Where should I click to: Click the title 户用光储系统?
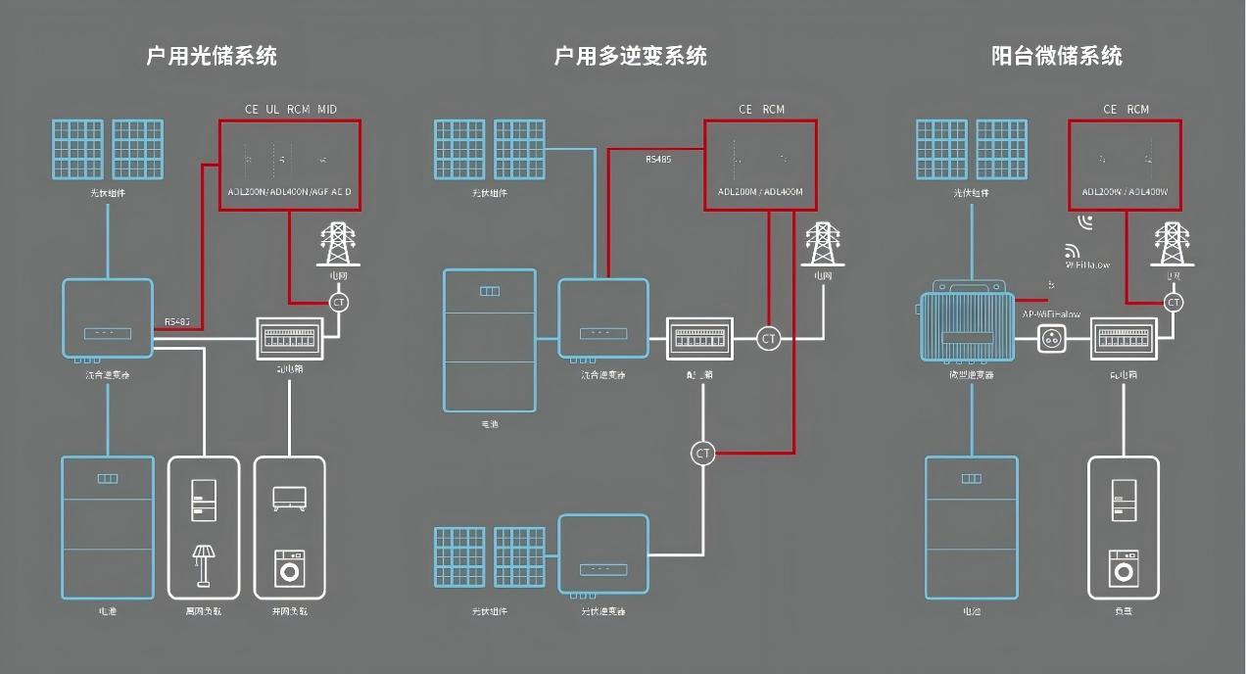(212, 56)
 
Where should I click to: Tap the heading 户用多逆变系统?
(630, 56)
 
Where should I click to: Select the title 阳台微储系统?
(1057, 56)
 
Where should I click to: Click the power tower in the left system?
(338, 245)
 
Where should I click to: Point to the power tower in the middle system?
(822, 245)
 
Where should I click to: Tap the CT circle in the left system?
(339, 302)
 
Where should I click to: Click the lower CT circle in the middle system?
(702, 453)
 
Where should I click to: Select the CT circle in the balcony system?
(1174, 303)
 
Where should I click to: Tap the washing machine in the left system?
(290, 568)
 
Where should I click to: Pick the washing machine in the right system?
(1124, 568)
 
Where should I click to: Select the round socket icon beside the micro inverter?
(1053, 339)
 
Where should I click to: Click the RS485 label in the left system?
(177, 321)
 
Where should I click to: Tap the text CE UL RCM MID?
(290, 110)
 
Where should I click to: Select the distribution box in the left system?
(289, 339)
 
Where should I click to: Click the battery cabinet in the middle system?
(490, 340)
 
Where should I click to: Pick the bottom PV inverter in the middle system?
(603, 554)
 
